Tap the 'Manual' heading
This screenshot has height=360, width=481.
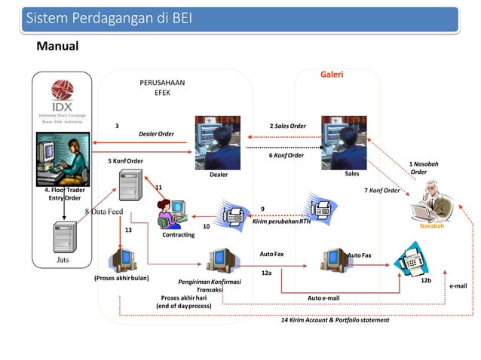[x=58, y=47]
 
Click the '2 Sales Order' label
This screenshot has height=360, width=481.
[x=287, y=126]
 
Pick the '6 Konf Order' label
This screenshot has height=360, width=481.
[x=286, y=155]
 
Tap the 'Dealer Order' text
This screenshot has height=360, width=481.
[x=156, y=134]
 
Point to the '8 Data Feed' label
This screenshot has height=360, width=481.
[x=103, y=212]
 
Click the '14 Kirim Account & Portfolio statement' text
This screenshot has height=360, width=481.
[x=335, y=320]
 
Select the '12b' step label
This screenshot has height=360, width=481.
[x=425, y=280]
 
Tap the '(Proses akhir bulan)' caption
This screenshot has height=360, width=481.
[x=121, y=278]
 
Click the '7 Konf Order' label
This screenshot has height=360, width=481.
[x=381, y=191]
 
